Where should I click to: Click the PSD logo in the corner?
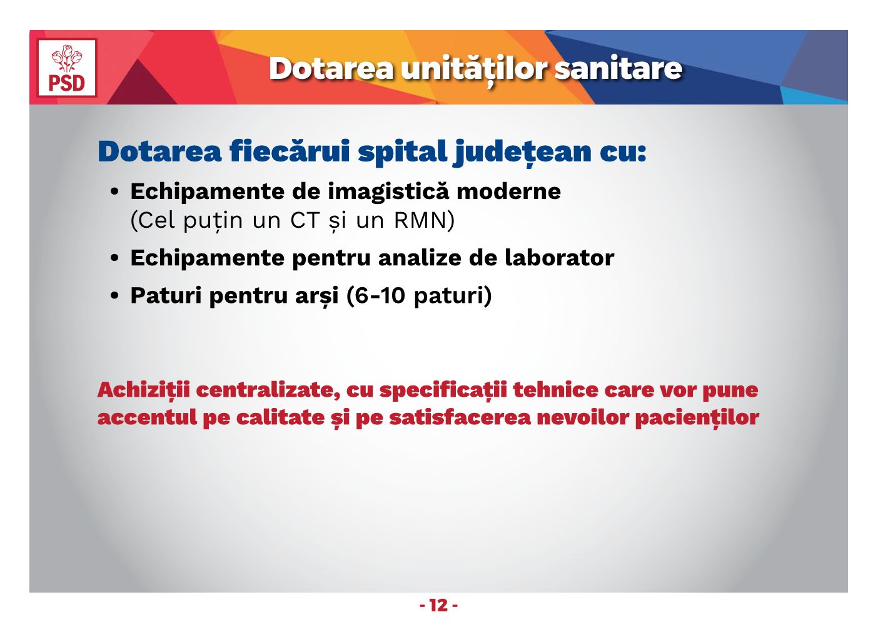67,68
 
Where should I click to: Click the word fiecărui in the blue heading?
290,151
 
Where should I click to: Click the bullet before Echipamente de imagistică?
114,192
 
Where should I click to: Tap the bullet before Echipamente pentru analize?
114,258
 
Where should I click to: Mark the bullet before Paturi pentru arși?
114,296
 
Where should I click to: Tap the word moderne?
509,191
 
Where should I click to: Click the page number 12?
438,606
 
